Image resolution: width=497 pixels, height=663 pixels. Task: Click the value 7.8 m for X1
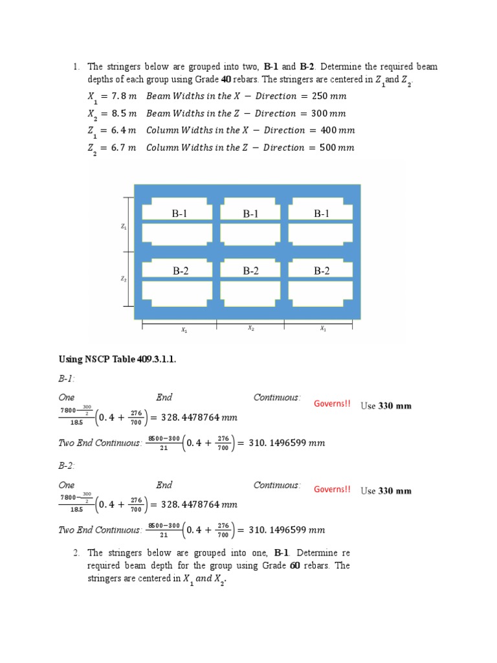[x=126, y=96]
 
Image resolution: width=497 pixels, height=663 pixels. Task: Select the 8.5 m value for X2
[x=126, y=113]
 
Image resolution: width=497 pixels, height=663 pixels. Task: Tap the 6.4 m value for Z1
[x=126, y=130]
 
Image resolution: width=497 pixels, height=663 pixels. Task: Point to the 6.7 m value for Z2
[x=126, y=148]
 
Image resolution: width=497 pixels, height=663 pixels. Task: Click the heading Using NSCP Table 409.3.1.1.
[x=117, y=360]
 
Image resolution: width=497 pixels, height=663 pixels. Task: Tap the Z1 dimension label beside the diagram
[x=123, y=227]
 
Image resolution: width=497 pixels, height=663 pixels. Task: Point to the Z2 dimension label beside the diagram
[x=123, y=279]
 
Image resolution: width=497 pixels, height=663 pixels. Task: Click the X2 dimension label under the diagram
[x=251, y=329]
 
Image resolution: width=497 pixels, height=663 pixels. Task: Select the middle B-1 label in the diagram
[x=251, y=214]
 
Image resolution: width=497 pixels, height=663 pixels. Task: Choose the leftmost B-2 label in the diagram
[x=181, y=271]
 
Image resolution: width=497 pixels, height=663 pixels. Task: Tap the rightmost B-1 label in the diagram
[x=322, y=214]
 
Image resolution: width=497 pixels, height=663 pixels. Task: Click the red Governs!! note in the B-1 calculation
[x=332, y=404]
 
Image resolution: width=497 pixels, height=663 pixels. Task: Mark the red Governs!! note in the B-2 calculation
[x=332, y=489]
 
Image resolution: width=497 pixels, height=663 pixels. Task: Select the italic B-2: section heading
[x=67, y=465]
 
